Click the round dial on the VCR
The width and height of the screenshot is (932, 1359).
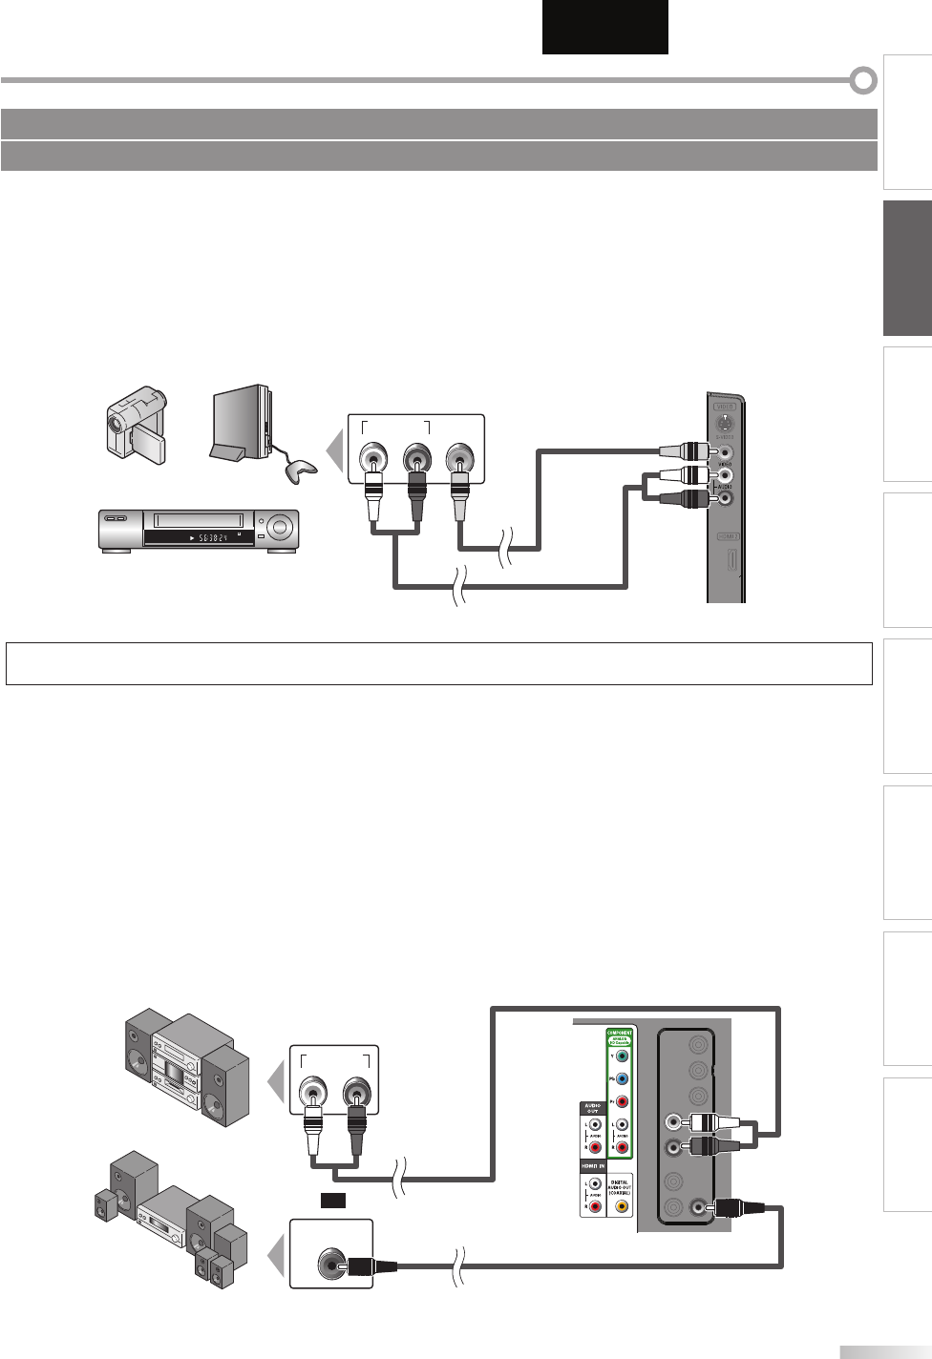click(x=282, y=525)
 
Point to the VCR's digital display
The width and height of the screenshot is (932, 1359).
click(x=201, y=539)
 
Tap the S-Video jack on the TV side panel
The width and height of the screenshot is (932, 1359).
click(x=725, y=427)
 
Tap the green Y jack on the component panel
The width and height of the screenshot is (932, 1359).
click(x=622, y=1056)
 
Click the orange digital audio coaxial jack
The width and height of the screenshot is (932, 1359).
click(x=622, y=1206)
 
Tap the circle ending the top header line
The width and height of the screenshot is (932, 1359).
click(x=863, y=81)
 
